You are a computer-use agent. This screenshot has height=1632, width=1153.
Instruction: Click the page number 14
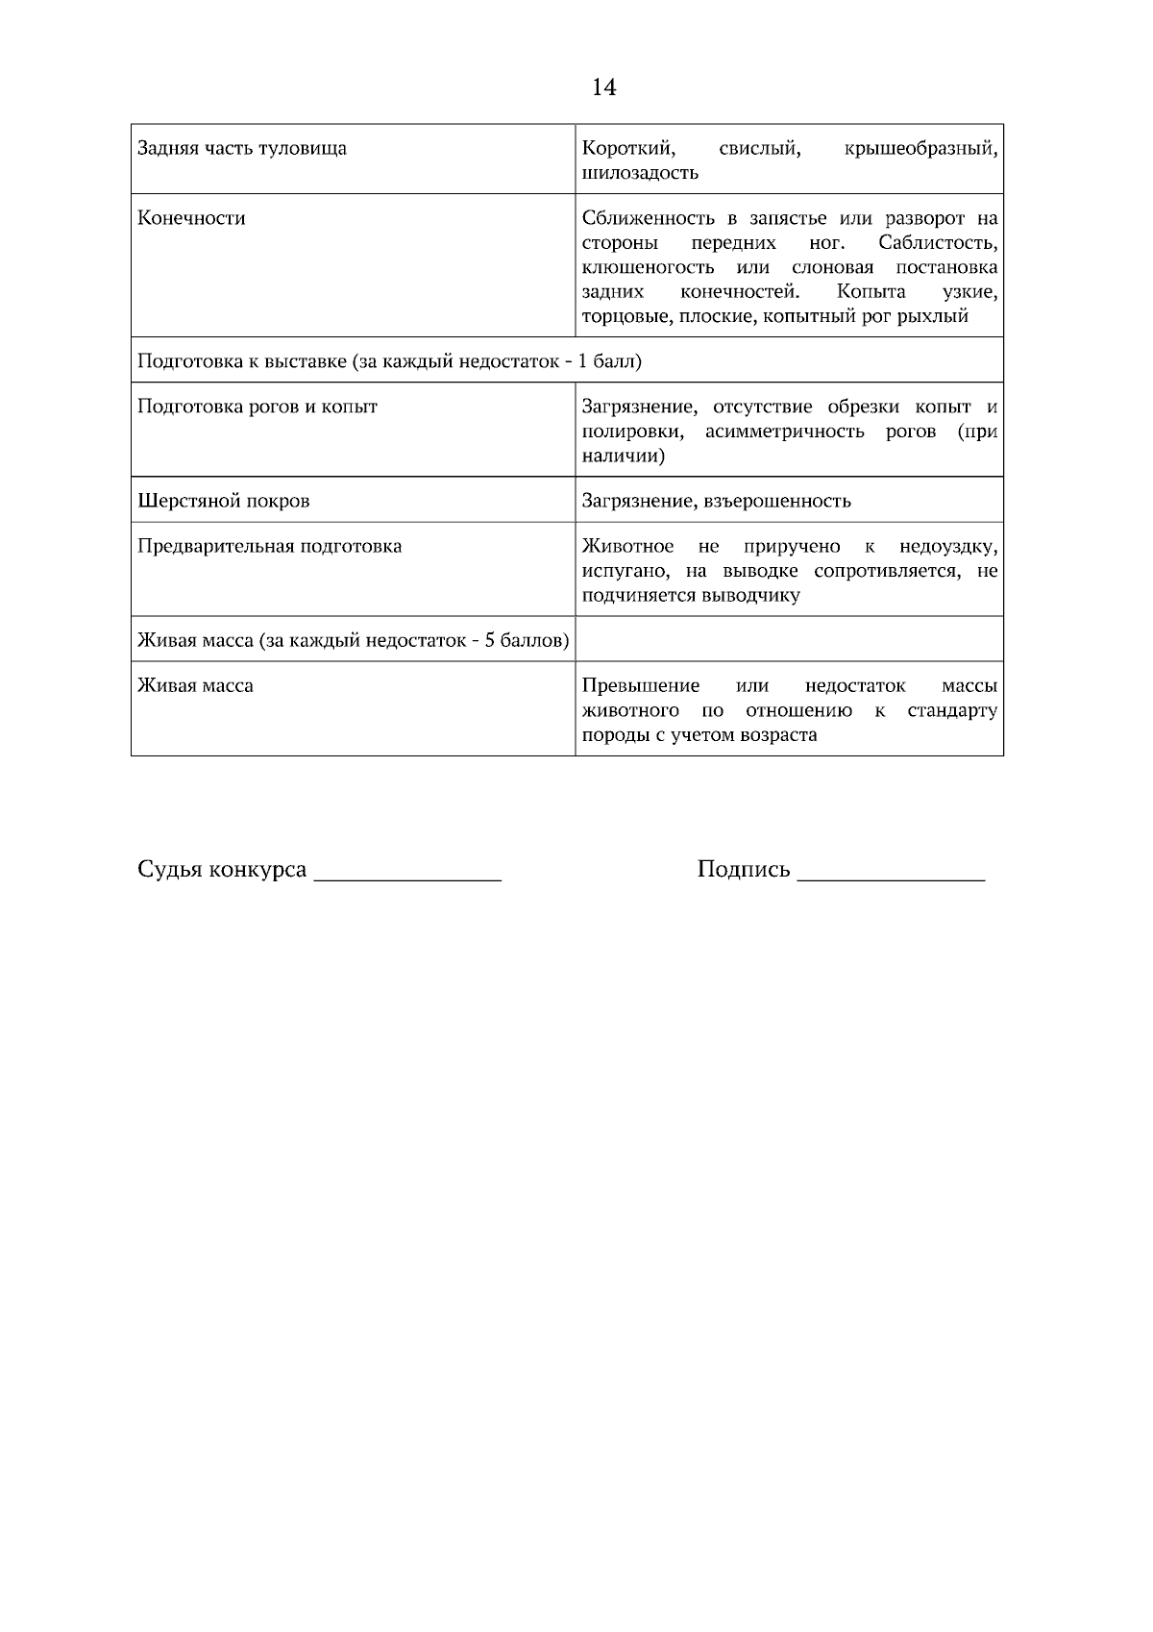click(x=603, y=87)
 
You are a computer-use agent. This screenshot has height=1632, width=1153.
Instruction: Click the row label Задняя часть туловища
click(x=242, y=148)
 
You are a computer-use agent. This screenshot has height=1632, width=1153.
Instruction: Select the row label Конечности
click(x=191, y=218)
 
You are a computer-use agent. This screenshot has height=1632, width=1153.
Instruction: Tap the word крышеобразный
click(x=920, y=148)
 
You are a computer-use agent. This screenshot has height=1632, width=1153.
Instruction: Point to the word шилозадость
click(x=640, y=173)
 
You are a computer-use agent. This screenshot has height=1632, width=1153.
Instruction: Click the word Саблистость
click(x=937, y=243)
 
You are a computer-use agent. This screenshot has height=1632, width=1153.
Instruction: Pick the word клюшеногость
click(x=648, y=267)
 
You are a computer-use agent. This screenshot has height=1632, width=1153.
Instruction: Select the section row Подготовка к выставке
click(x=389, y=361)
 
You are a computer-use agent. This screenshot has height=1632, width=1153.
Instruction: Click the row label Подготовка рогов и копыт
click(x=258, y=406)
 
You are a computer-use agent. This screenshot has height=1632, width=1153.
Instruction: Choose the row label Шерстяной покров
click(x=224, y=501)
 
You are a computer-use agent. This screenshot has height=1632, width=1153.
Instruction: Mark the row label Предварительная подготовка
click(x=270, y=546)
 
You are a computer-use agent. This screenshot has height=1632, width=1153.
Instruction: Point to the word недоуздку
click(x=947, y=547)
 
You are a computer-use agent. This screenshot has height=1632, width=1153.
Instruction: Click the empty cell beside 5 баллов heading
click(x=788, y=639)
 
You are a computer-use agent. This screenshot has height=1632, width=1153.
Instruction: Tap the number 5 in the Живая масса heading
click(x=490, y=640)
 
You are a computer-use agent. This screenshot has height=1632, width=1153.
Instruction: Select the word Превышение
click(x=641, y=686)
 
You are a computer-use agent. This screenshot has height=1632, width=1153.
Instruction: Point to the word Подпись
click(x=743, y=870)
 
